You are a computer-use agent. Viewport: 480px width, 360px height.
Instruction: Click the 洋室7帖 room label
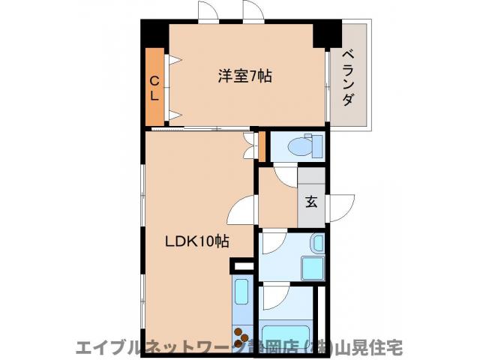point(244,76)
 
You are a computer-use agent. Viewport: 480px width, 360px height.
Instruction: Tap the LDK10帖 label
point(197,241)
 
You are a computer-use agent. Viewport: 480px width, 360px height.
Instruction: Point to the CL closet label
point(154,88)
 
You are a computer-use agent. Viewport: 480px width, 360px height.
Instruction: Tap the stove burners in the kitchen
point(243,337)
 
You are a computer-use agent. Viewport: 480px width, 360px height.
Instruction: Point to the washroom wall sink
point(317,244)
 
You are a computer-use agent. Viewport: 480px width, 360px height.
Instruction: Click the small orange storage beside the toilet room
point(262,145)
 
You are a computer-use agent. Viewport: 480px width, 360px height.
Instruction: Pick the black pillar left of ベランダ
point(327,34)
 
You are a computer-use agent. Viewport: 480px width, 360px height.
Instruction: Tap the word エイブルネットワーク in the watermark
point(154,348)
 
